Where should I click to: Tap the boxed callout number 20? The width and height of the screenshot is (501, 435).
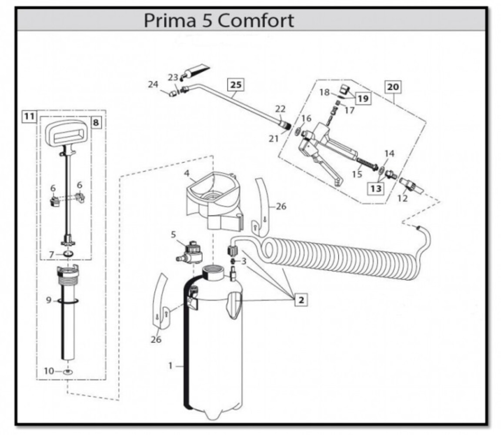392,87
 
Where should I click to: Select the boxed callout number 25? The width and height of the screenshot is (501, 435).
235,84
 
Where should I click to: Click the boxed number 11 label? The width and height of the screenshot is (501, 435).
29,116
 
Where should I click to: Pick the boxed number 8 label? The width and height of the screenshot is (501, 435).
95,123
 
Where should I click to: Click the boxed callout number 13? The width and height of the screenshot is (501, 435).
376,189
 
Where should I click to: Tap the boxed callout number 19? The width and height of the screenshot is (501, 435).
363,99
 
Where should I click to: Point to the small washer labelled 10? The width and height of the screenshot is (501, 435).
68,372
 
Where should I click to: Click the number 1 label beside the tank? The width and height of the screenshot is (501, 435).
171,366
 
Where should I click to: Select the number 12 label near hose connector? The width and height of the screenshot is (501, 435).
403,198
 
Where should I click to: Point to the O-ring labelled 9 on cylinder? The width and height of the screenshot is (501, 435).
67,300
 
